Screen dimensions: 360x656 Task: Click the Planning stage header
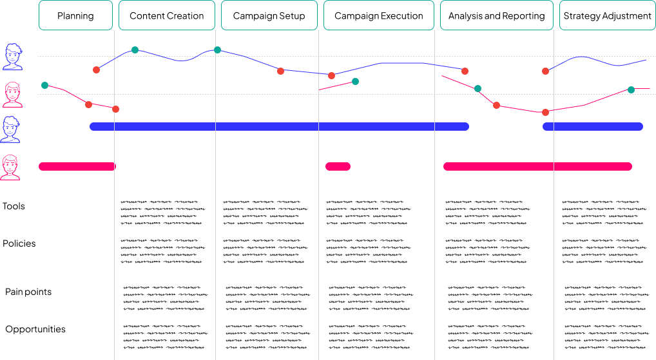pyautogui.click(x=75, y=15)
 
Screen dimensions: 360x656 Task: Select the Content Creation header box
pyautogui.click(x=167, y=15)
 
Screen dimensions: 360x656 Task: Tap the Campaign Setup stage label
pyautogui.click(x=269, y=15)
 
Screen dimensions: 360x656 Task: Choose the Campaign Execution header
pyautogui.click(x=379, y=15)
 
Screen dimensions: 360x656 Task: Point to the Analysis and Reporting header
pyautogui.click(x=496, y=15)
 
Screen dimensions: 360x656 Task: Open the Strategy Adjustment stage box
pyautogui.click(x=607, y=15)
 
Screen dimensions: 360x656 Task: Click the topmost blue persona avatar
pyautogui.click(x=12, y=57)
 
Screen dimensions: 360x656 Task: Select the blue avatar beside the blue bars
pyautogui.click(x=11, y=129)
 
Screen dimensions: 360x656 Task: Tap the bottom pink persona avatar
pyautogui.click(x=11, y=167)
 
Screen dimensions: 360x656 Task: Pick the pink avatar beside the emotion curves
pyautogui.click(x=12, y=95)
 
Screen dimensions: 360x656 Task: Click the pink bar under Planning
pyautogui.click(x=77, y=167)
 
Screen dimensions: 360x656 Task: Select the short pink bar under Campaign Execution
pyautogui.click(x=338, y=167)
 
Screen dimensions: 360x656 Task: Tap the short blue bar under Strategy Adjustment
pyautogui.click(x=593, y=127)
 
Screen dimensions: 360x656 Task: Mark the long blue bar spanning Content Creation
pyautogui.click(x=279, y=127)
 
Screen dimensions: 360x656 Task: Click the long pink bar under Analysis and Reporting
pyautogui.click(x=537, y=167)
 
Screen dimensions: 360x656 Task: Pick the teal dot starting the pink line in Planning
pyautogui.click(x=44, y=85)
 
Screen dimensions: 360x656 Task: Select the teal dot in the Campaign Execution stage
pyautogui.click(x=355, y=81)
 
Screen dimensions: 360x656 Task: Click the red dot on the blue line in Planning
pyautogui.click(x=96, y=70)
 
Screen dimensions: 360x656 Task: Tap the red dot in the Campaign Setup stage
pyautogui.click(x=280, y=71)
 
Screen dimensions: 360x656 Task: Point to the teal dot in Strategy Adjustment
pyautogui.click(x=631, y=90)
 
